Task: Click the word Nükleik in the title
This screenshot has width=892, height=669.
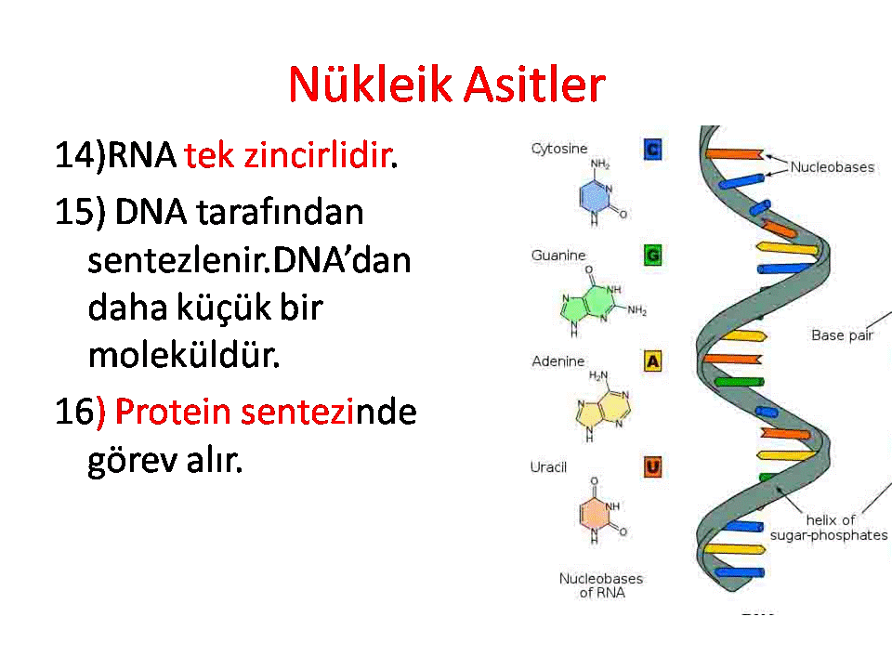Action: [x=371, y=85]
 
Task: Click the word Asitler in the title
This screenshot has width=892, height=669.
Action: [x=535, y=85]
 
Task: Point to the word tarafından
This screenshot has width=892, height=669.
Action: [x=280, y=212]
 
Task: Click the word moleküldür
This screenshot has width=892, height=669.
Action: [x=184, y=356]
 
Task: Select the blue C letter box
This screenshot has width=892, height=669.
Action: [x=652, y=150]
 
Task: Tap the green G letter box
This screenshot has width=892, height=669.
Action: [x=652, y=256]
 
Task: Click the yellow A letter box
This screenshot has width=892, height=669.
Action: [x=652, y=361]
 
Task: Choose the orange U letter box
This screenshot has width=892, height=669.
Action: [x=652, y=467]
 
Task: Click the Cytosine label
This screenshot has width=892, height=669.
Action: [x=559, y=149]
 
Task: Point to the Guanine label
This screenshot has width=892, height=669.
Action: [x=558, y=256]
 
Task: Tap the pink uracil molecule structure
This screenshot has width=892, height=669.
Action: [x=600, y=510]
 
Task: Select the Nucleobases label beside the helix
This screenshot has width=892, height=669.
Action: [x=833, y=167]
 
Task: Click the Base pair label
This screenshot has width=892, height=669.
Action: [x=843, y=335]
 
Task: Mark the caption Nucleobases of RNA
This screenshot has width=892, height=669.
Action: [x=601, y=585]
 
